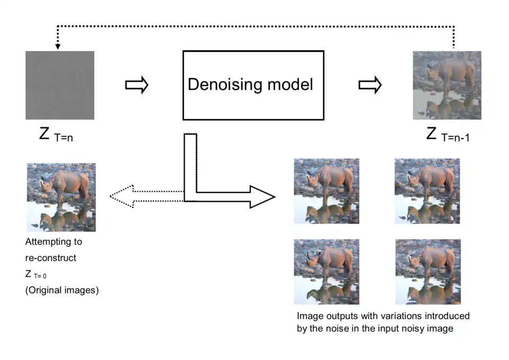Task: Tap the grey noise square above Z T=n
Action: [x=60, y=85]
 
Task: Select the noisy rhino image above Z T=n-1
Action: [x=447, y=85]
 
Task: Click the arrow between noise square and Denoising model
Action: [x=136, y=85]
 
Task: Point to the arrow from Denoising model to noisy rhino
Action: [x=370, y=85]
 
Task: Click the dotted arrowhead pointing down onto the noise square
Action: [x=58, y=47]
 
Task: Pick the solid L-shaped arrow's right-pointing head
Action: [x=262, y=197]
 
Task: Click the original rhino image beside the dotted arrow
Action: [x=61, y=197]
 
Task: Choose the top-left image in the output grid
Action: [x=326, y=191]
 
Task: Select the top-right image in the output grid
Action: [x=427, y=191]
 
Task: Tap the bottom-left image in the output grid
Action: [x=326, y=271]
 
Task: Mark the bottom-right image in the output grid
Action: [x=428, y=271]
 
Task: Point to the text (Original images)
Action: [x=62, y=291]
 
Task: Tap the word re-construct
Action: [x=51, y=258]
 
